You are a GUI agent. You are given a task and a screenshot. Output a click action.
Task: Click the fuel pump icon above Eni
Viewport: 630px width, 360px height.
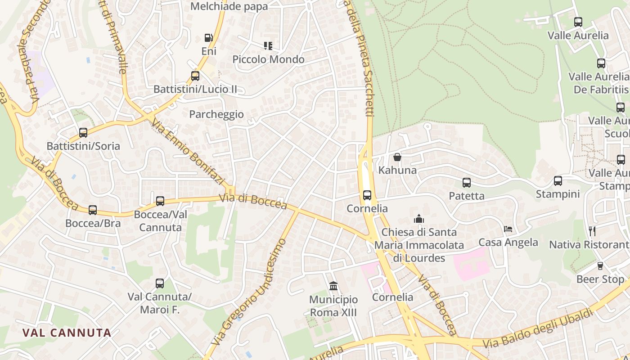208,38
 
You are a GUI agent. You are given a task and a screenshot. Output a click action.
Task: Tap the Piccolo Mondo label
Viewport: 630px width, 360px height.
268,59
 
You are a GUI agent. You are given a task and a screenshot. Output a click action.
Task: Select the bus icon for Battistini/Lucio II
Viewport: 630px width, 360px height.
195,76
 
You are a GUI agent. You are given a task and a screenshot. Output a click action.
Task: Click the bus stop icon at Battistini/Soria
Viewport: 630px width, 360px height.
83,133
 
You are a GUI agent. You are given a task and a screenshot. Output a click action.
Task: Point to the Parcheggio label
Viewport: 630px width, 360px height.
216,114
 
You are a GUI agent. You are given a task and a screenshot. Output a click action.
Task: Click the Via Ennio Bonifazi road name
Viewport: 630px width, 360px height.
188,151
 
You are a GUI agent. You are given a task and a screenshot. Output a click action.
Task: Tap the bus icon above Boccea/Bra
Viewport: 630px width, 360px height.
93,210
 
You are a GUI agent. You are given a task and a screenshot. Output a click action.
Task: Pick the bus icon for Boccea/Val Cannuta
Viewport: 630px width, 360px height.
160,201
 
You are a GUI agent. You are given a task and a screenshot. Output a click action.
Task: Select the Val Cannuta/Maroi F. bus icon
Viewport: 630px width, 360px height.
160,283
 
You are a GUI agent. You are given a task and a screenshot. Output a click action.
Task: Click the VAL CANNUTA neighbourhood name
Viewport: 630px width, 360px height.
67,333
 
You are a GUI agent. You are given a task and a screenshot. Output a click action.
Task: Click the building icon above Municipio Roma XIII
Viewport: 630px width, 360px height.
333,286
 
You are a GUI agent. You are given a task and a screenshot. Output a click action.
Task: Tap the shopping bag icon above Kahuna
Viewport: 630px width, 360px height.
397,157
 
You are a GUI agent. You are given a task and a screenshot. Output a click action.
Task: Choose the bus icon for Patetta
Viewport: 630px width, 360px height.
467,183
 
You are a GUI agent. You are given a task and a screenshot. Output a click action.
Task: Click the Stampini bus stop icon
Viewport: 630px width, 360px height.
558,181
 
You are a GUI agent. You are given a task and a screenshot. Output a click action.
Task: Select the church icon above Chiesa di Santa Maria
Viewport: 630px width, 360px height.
419,219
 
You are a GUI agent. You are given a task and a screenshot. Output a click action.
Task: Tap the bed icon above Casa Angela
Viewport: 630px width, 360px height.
508,229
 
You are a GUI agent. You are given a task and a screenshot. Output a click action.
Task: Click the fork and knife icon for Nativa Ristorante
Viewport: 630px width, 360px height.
592,231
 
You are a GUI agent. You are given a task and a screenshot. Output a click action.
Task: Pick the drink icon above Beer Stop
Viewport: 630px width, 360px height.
600,266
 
